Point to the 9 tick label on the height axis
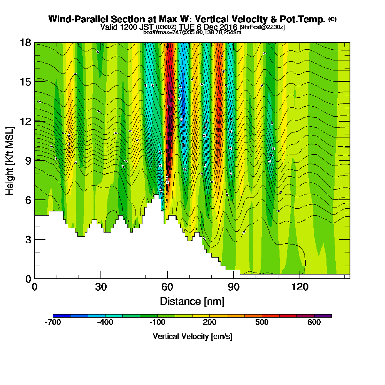pos(28,161)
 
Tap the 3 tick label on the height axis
pos(28,239)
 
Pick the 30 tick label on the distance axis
pos(101,287)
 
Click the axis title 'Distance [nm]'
pos(192,301)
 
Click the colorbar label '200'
pos(209,323)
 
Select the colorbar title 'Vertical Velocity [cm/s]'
pos(192,336)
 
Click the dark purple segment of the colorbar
pos(323,316)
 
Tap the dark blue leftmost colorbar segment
pos(62,316)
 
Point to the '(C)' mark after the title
pos(332,19)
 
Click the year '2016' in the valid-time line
pos(227,27)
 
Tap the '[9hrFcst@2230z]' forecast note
pos(262,27)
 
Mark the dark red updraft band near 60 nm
pos(169,115)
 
